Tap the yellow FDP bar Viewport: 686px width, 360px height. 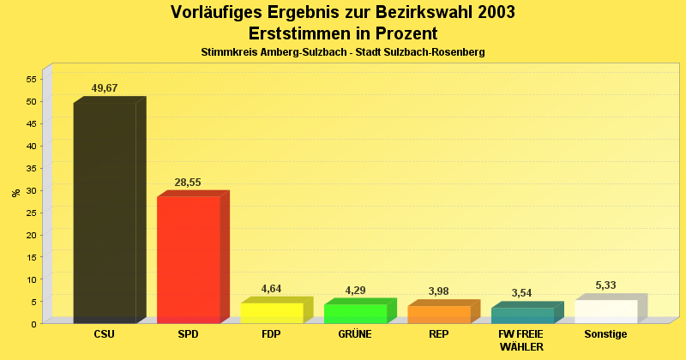coord(272,312)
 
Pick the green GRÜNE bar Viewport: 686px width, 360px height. coord(356,313)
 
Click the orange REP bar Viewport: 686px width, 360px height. coord(439,314)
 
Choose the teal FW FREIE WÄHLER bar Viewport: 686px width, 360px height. coord(522,315)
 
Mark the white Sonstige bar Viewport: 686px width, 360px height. coord(606,311)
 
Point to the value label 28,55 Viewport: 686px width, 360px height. coord(189,183)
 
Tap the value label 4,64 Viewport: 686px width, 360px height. coord(271,289)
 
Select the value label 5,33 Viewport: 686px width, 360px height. coord(605,285)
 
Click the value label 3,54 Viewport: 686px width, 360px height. coord(521,293)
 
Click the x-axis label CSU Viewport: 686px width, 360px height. coord(105,334)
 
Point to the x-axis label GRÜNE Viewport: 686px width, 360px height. coord(355,334)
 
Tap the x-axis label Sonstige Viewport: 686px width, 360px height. coord(605,334)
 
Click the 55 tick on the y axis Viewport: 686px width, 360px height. coord(31,79)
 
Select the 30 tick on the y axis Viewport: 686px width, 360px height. coord(31,190)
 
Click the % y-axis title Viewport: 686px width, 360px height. coord(15,193)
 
